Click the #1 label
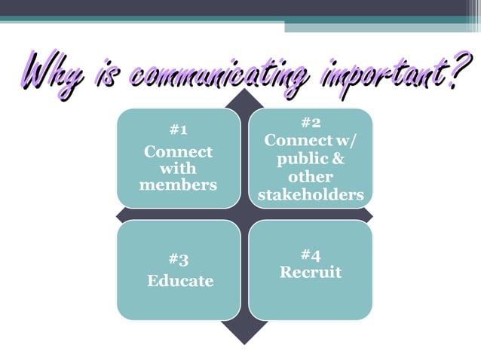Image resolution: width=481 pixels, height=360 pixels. point(178,130)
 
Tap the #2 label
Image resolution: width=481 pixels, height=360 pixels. point(311,122)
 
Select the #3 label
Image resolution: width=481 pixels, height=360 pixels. point(179,260)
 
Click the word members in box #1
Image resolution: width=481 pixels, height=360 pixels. point(178,185)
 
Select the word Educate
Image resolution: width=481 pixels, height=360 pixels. point(180,281)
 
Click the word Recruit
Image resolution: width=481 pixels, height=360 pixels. point(311,272)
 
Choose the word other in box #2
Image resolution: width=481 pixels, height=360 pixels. point(311,178)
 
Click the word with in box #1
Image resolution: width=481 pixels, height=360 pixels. point(178,168)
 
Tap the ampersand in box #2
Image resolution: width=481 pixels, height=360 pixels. point(338,159)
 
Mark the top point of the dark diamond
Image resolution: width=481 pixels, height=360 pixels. point(244,91)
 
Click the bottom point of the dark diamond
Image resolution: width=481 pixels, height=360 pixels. point(244,343)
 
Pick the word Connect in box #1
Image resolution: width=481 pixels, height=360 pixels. point(178,151)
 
